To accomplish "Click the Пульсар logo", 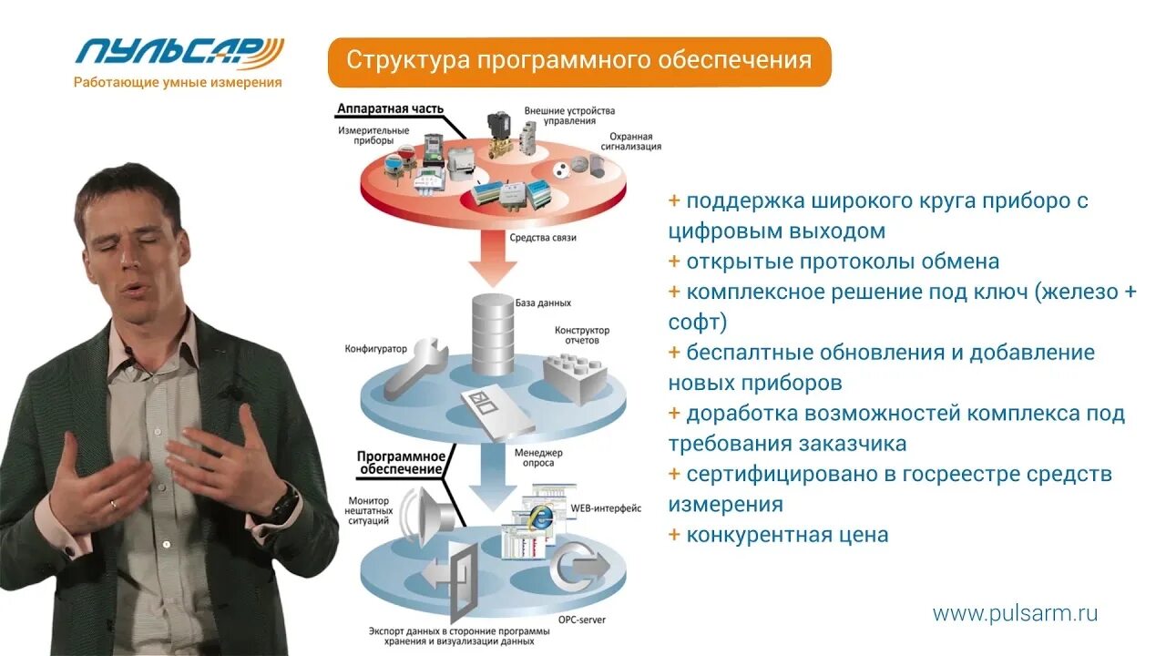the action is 179,51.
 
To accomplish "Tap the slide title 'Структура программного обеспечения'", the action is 578,61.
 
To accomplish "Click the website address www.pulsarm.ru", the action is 1015,613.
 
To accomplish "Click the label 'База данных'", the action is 543,302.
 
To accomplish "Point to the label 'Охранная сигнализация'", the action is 629,140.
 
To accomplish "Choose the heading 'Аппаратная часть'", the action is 390,108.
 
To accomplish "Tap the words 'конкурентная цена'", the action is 787,535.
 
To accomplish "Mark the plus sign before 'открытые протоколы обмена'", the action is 674,261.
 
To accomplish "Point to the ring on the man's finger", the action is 113,503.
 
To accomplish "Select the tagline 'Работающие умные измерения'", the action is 178,82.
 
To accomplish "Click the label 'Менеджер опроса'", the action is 539,459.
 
